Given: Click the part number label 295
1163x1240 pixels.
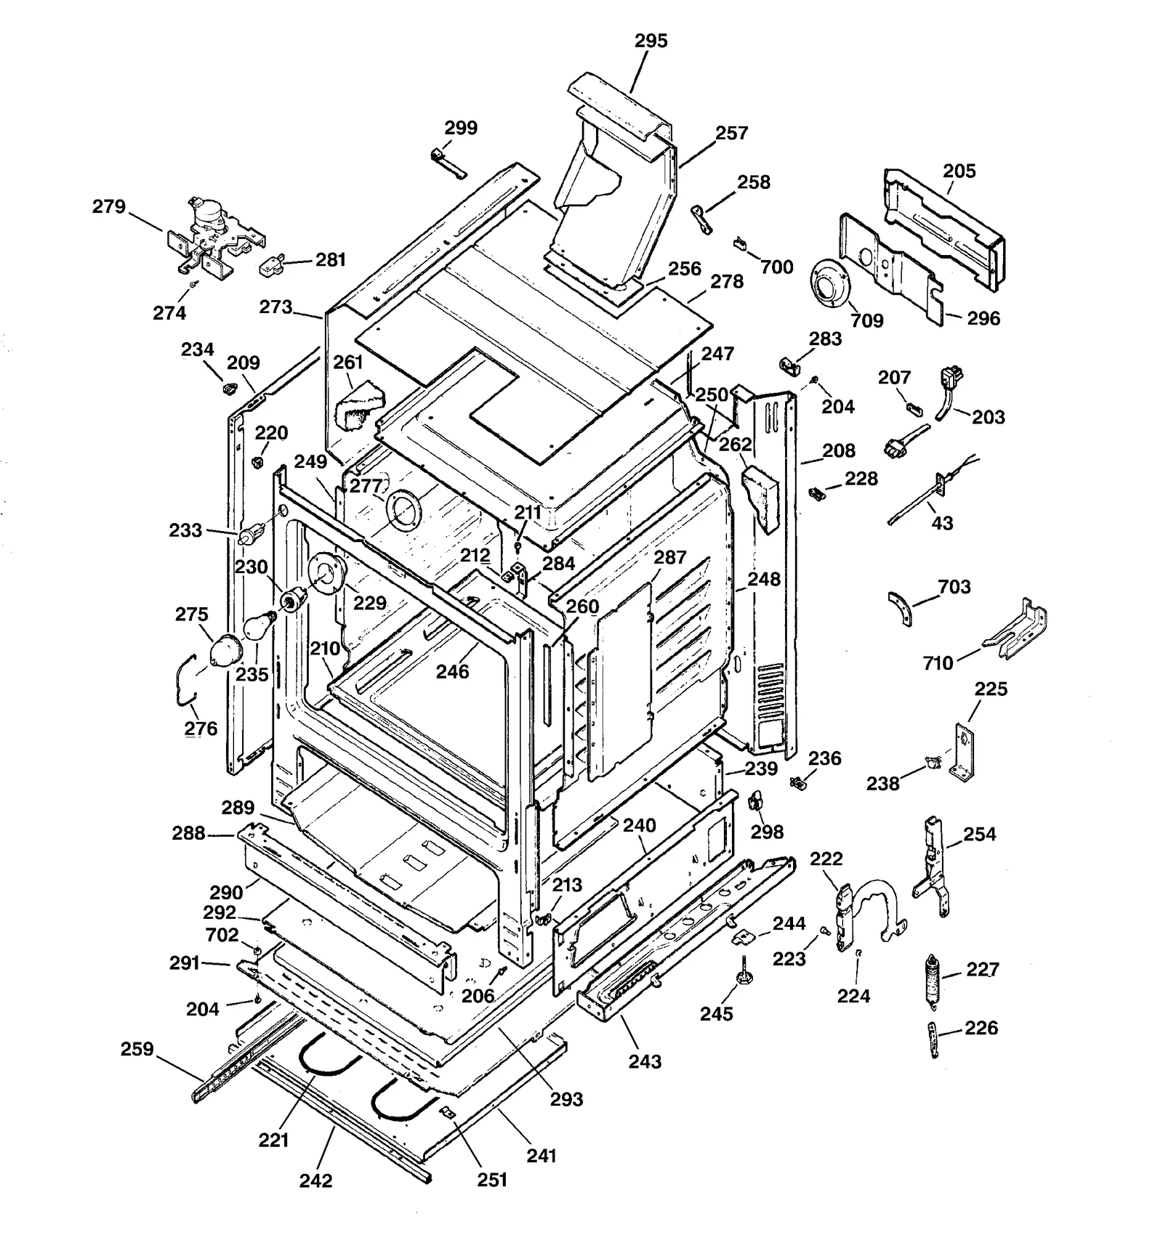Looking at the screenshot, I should [651, 41].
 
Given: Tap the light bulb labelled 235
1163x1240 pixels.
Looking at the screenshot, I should [257, 625].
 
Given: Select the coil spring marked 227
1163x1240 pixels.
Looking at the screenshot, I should [931, 980].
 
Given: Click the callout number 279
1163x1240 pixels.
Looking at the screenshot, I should [109, 207].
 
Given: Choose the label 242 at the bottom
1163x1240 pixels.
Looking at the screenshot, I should [315, 1180].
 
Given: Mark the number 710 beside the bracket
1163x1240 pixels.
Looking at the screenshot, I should [938, 663].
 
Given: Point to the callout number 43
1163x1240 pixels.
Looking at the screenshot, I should [942, 523].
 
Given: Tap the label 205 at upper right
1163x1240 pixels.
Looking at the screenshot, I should [959, 171].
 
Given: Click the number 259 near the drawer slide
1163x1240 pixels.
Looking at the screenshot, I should [137, 1049].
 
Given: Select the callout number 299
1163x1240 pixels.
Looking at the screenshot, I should [461, 128].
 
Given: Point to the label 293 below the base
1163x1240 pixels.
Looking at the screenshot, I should [566, 1099].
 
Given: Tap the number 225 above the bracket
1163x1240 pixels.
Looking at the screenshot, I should [991, 689].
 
